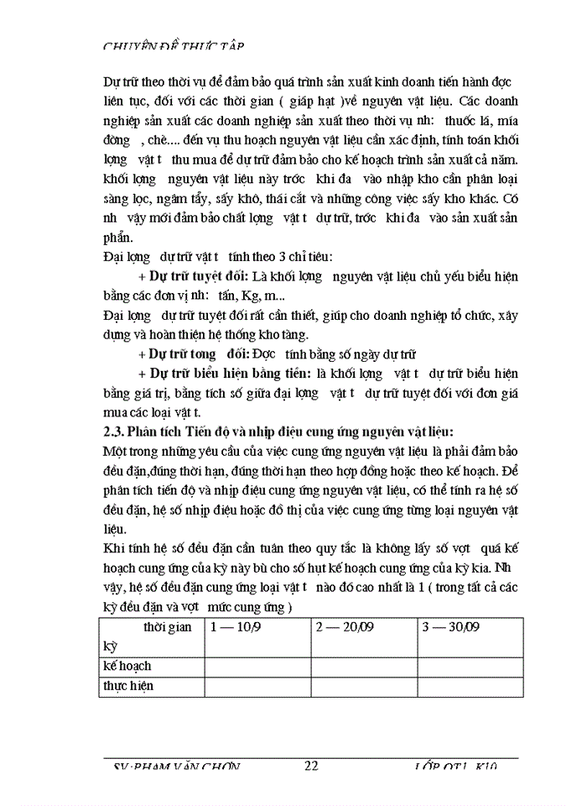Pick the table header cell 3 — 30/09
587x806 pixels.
pyautogui.click(x=451, y=627)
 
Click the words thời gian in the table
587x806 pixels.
pyautogui.click(x=168, y=627)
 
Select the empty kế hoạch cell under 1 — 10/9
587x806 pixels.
pyautogui.click(x=257, y=666)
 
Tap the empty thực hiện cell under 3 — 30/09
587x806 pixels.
pyautogui.click(x=470, y=686)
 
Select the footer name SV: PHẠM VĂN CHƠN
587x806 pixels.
pyautogui.click(x=177, y=767)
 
